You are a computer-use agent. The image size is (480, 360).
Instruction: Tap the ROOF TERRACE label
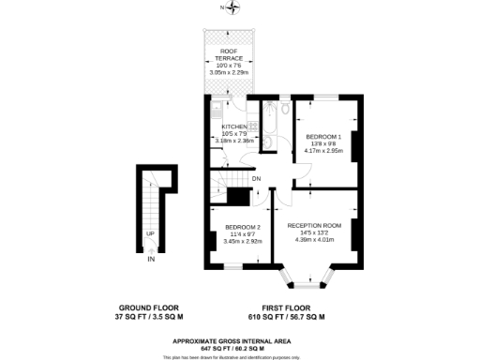(227, 53)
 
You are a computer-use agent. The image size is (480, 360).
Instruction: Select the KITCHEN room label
(233, 126)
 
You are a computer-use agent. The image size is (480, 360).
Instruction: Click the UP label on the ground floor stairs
(150, 233)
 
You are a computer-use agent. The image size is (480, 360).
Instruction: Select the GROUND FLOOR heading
(149, 307)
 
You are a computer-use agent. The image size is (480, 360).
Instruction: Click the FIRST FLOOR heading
(287, 307)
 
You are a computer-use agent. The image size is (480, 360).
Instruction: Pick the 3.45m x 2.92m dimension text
(242, 243)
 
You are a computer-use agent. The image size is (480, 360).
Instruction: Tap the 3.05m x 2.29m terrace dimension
(227, 71)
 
